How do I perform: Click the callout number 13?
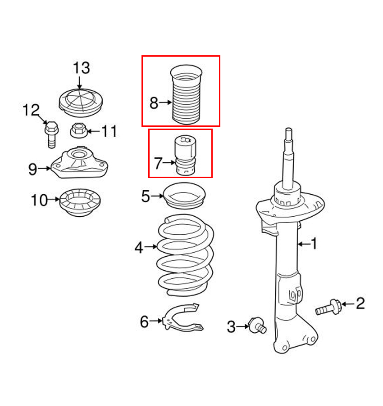[x=81, y=68]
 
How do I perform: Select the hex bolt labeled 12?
[x=51, y=134]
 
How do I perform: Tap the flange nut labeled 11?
[x=79, y=130]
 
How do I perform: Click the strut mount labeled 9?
[x=79, y=163]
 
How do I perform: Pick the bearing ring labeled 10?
[x=80, y=202]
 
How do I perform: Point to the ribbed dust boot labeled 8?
[x=186, y=95]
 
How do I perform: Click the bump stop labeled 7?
[x=185, y=156]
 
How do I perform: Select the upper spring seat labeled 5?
[x=184, y=196]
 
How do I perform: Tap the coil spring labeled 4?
[x=185, y=255]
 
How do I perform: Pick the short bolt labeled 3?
[x=257, y=325]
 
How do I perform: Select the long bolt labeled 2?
[x=328, y=307]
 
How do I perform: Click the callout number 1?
[x=314, y=244]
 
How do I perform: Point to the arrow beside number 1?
[x=304, y=244]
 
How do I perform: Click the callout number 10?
[x=39, y=200]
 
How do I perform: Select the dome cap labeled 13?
[x=81, y=103]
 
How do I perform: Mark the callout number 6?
[x=144, y=321]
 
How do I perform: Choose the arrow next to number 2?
[x=348, y=304]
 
